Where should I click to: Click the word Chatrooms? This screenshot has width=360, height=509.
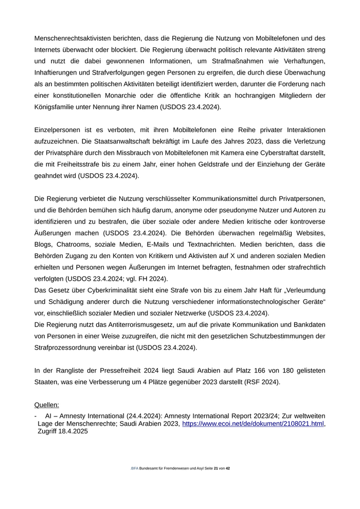point(75,244)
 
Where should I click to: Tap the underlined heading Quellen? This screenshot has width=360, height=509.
point(46,405)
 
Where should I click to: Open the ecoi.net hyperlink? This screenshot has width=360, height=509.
point(253,423)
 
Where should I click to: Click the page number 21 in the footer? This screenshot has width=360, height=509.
point(215,468)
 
